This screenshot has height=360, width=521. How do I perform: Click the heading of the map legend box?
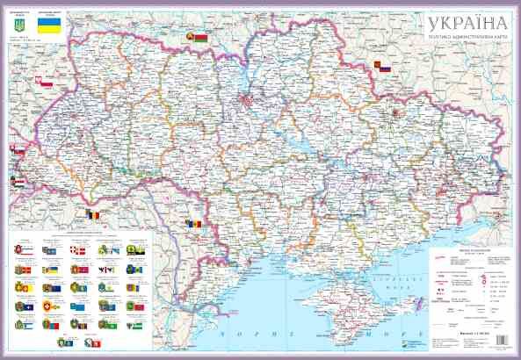pos(458,248)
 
